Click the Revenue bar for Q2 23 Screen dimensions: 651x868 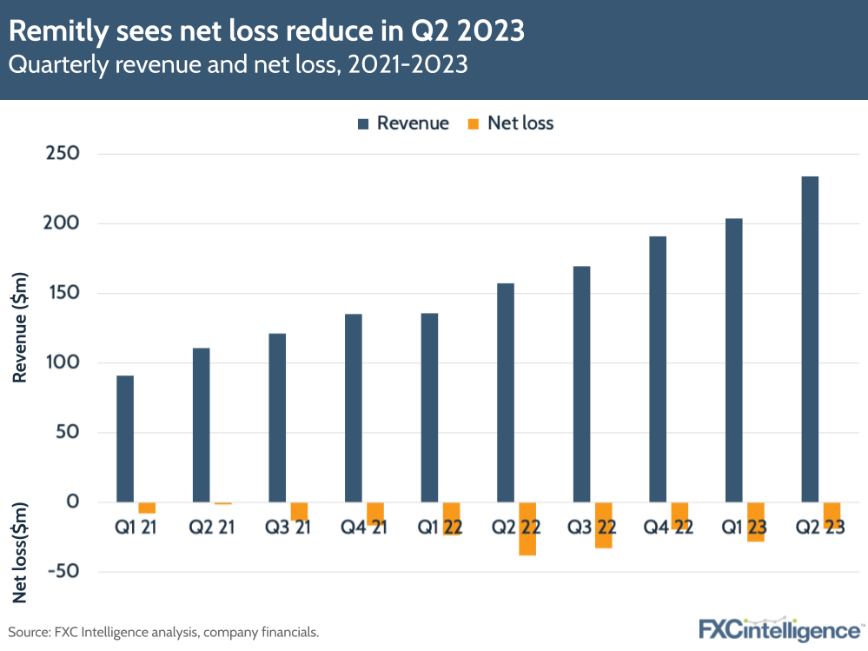(x=810, y=339)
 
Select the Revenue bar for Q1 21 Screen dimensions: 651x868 (x=124, y=439)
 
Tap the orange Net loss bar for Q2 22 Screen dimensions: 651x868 (x=527, y=528)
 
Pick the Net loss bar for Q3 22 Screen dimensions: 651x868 (x=603, y=525)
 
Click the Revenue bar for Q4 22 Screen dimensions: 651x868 (x=658, y=369)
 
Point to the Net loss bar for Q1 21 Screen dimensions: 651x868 (x=147, y=508)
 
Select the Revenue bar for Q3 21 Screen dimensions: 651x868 (x=277, y=417)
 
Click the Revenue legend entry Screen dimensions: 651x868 (x=402, y=123)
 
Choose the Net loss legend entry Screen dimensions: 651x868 (x=511, y=123)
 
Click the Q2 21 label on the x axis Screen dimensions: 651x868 (x=212, y=527)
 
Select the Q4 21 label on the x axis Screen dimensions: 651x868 (x=364, y=527)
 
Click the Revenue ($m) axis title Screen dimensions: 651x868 (x=20, y=328)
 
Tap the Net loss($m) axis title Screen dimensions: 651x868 (x=20, y=553)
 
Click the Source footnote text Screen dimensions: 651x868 (x=164, y=632)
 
